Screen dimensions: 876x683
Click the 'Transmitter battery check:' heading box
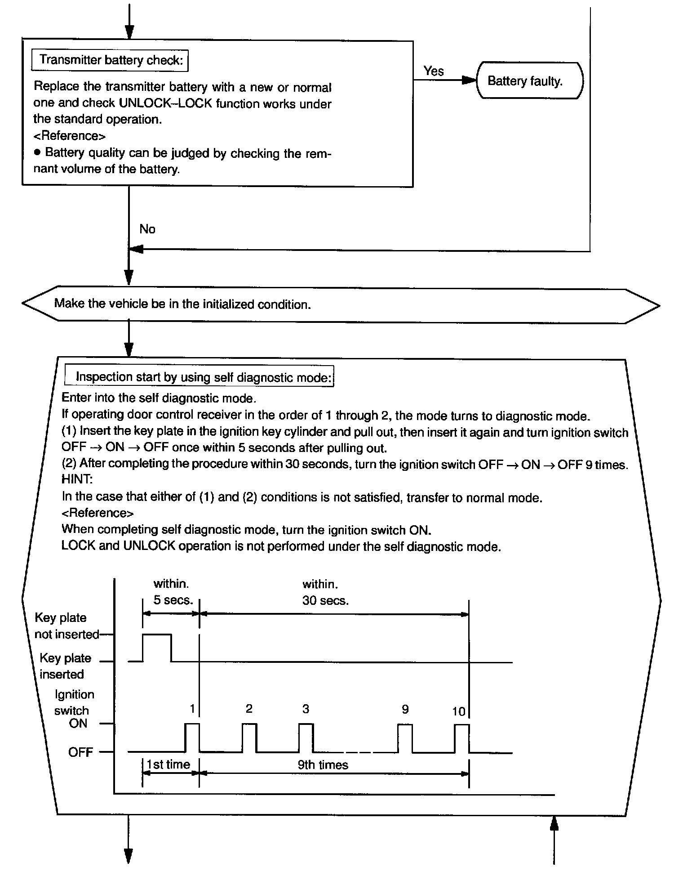pyautogui.click(x=110, y=60)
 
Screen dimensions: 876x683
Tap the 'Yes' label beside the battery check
pyautogui.click(x=434, y=71)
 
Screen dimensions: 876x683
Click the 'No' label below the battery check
pyautogui.click(x=147, y=229)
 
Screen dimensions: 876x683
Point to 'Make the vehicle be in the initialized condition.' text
pyautogui.click(x=182, y=304)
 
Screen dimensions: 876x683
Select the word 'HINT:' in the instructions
pyautogui.click(x=77, y=480)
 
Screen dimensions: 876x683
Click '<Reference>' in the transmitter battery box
pyautogui.click(x=70, y=136)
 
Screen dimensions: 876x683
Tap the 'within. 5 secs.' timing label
pyautogui.click(x=173, y=592)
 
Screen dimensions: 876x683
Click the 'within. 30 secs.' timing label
pyautogui.click(x=325, y=592)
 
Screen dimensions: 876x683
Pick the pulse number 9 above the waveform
pyautogui.click(x=405, y=709)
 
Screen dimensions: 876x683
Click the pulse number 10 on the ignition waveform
pyautogui.click(x=458, y=711)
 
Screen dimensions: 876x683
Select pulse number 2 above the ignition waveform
pyautogui.click(x=249, y=709)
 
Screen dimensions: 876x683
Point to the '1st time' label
pyautogui.click(x=169, y=764)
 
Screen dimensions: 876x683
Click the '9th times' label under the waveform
pyautogui.click(x=323, y=765)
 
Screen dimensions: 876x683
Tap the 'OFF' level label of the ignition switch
pyautogui.click(x=80, y=752)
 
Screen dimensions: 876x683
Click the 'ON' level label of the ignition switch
pyautogui.click(x=78, y=724)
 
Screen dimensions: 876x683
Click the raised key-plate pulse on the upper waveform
pyautogui.click(x=157, y=635)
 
